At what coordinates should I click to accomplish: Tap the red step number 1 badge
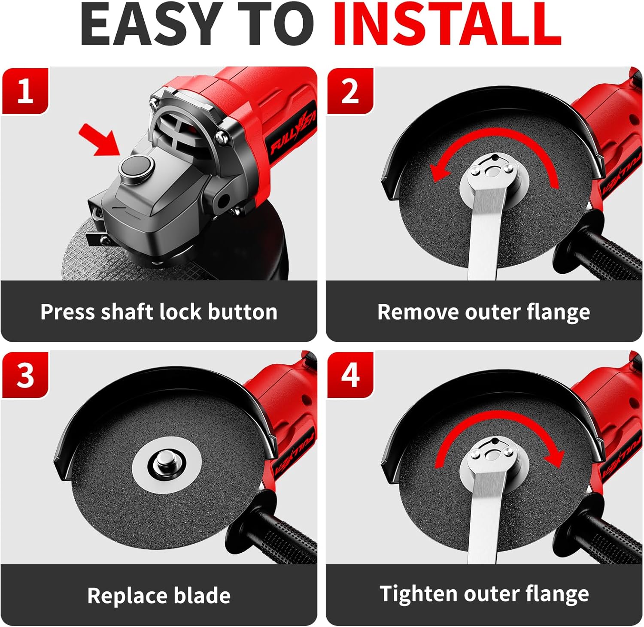coord(25,91)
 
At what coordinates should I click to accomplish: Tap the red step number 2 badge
coord(350,91)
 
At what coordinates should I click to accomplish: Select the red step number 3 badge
coord(25,375)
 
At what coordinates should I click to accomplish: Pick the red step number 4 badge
coord(350,375)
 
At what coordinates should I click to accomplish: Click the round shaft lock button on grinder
coord(137,165)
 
